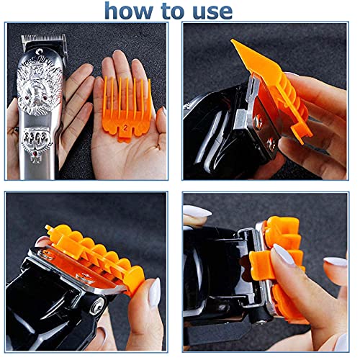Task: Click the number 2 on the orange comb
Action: click(125, 127)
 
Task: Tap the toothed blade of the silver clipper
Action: click(43, 38)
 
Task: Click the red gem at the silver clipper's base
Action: click(36, 153)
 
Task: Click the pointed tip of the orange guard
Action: click(233, 41)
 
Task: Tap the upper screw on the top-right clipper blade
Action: click(258, 120)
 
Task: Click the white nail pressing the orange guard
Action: click(284, 254)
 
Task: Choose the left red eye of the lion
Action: click(32, 98)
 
